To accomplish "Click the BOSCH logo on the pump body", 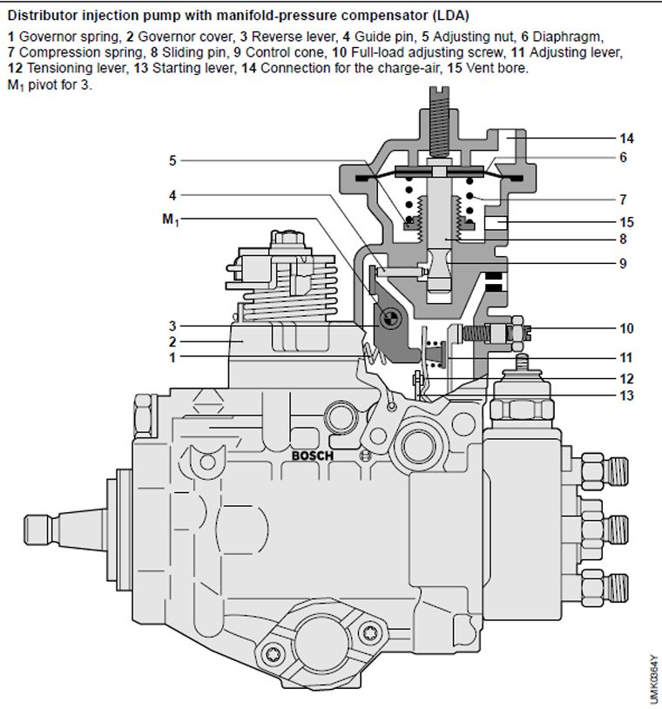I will pos(313,455).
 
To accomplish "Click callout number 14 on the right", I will pos(627,138).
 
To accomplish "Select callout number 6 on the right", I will pos(624,158).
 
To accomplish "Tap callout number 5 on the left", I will pos(172,160).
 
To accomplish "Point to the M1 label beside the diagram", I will pos(170,219).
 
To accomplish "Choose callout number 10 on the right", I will pos(627,328).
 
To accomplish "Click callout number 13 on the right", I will pos(627,395).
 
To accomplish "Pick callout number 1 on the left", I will pos(172,356).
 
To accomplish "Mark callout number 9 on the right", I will pos(624,263).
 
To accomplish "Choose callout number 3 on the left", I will pos(172,326).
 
